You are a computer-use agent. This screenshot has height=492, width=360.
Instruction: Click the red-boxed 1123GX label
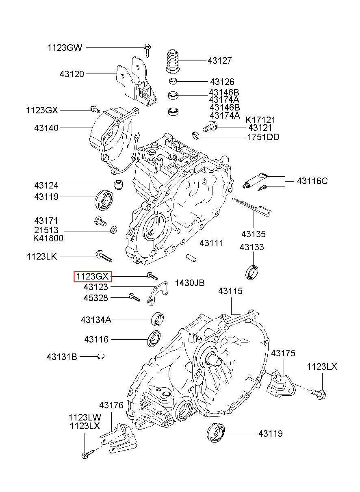[92, 277]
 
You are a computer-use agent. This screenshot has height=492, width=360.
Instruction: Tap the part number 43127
[219, 61]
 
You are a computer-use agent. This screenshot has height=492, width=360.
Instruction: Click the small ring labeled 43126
[173, 80]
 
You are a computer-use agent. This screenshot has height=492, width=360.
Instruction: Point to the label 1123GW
[65, 48]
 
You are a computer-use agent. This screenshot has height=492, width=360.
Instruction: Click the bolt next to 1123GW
[147, 50]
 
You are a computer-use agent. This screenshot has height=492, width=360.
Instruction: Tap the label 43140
[46, 128]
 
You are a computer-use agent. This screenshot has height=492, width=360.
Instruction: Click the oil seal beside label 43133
[252, 271]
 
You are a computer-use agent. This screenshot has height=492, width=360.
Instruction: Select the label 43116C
[312, 181]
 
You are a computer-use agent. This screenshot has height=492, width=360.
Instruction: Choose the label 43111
[211, 243]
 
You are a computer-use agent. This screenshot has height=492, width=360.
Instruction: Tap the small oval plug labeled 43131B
[101, 357]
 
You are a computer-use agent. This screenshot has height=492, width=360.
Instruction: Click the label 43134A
[96, 320]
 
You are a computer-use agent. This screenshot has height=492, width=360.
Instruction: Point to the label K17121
[260, 120]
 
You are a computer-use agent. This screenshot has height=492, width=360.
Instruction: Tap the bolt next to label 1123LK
[103, 256]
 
